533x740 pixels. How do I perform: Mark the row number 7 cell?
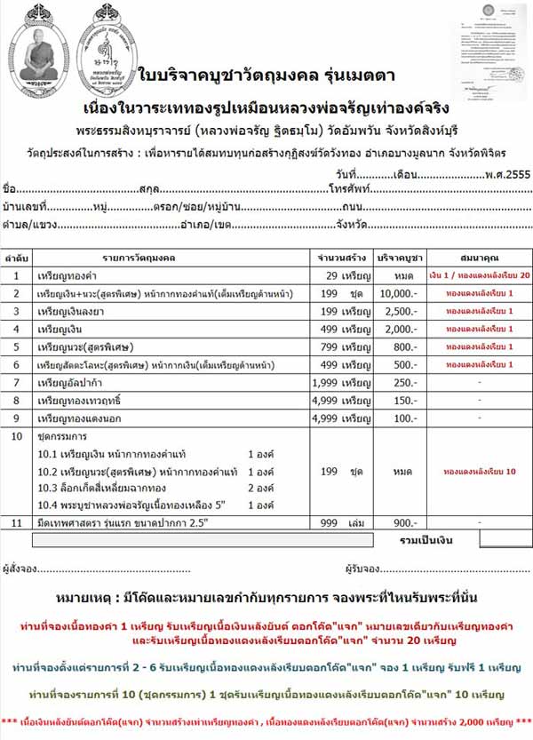[16, 382]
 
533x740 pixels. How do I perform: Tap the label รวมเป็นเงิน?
[426, 539]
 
